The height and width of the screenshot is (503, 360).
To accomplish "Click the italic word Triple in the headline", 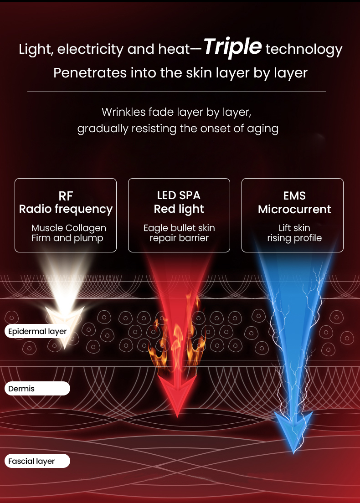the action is (232, 47).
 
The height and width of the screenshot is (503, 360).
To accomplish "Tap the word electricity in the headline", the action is (90, 49).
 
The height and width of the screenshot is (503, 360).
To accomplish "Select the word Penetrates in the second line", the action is (90, 73).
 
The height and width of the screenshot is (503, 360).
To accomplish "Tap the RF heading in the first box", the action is (66, 195).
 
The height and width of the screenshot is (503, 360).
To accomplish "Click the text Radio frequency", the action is (66, 209).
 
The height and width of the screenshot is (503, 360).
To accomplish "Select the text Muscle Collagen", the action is (69, 228).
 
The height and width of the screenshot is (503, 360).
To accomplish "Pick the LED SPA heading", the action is (179, 195).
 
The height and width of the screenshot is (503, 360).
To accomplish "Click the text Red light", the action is (179, 209).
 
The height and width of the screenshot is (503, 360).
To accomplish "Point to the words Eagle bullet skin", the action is (179, 228).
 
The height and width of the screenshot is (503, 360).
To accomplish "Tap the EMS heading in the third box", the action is (294, 195).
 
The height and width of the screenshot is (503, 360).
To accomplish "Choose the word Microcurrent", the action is (294, 210).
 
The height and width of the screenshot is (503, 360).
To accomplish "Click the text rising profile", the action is (294, 238).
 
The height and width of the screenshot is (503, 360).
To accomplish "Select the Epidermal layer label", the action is (37, 331).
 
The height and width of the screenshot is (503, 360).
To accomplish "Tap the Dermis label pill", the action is (37, 389).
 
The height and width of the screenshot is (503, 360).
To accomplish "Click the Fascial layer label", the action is (37, 461).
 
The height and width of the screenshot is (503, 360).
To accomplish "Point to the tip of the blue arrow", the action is (293, 453).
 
